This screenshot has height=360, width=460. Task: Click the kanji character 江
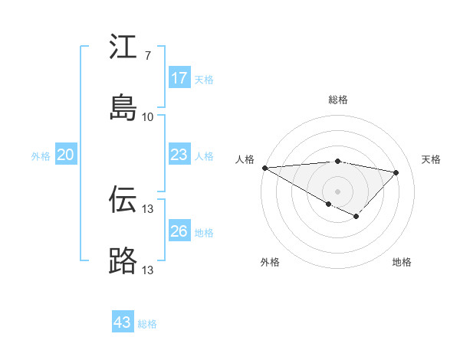coord(123,47)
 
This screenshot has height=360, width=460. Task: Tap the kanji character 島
coord(123,108)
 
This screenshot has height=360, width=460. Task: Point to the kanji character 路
coord(123,261)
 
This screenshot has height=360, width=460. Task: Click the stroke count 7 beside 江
coord(147,56)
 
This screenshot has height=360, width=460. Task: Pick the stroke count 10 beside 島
coord(148,117)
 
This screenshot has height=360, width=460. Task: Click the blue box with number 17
coord(179,78)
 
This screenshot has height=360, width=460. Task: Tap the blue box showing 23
coord(179,155)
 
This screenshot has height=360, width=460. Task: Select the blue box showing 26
coord(179,231)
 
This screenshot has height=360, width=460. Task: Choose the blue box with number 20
coord(66,155)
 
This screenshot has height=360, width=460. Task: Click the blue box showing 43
coord(123,322)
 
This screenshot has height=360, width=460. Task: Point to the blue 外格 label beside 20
coord(41,156)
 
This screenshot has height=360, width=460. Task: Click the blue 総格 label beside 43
coord(147,324)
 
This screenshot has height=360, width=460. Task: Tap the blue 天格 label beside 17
coord(204,80)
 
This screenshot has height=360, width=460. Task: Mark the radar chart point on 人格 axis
coord(264,168)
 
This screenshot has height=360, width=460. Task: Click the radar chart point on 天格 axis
coord(396,172)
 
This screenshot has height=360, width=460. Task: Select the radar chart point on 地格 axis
coord(356,217)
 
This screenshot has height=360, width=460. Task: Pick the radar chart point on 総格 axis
coord(337,161)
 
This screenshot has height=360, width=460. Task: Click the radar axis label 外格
coord(270,263)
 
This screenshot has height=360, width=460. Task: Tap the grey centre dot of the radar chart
coord(337,191)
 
